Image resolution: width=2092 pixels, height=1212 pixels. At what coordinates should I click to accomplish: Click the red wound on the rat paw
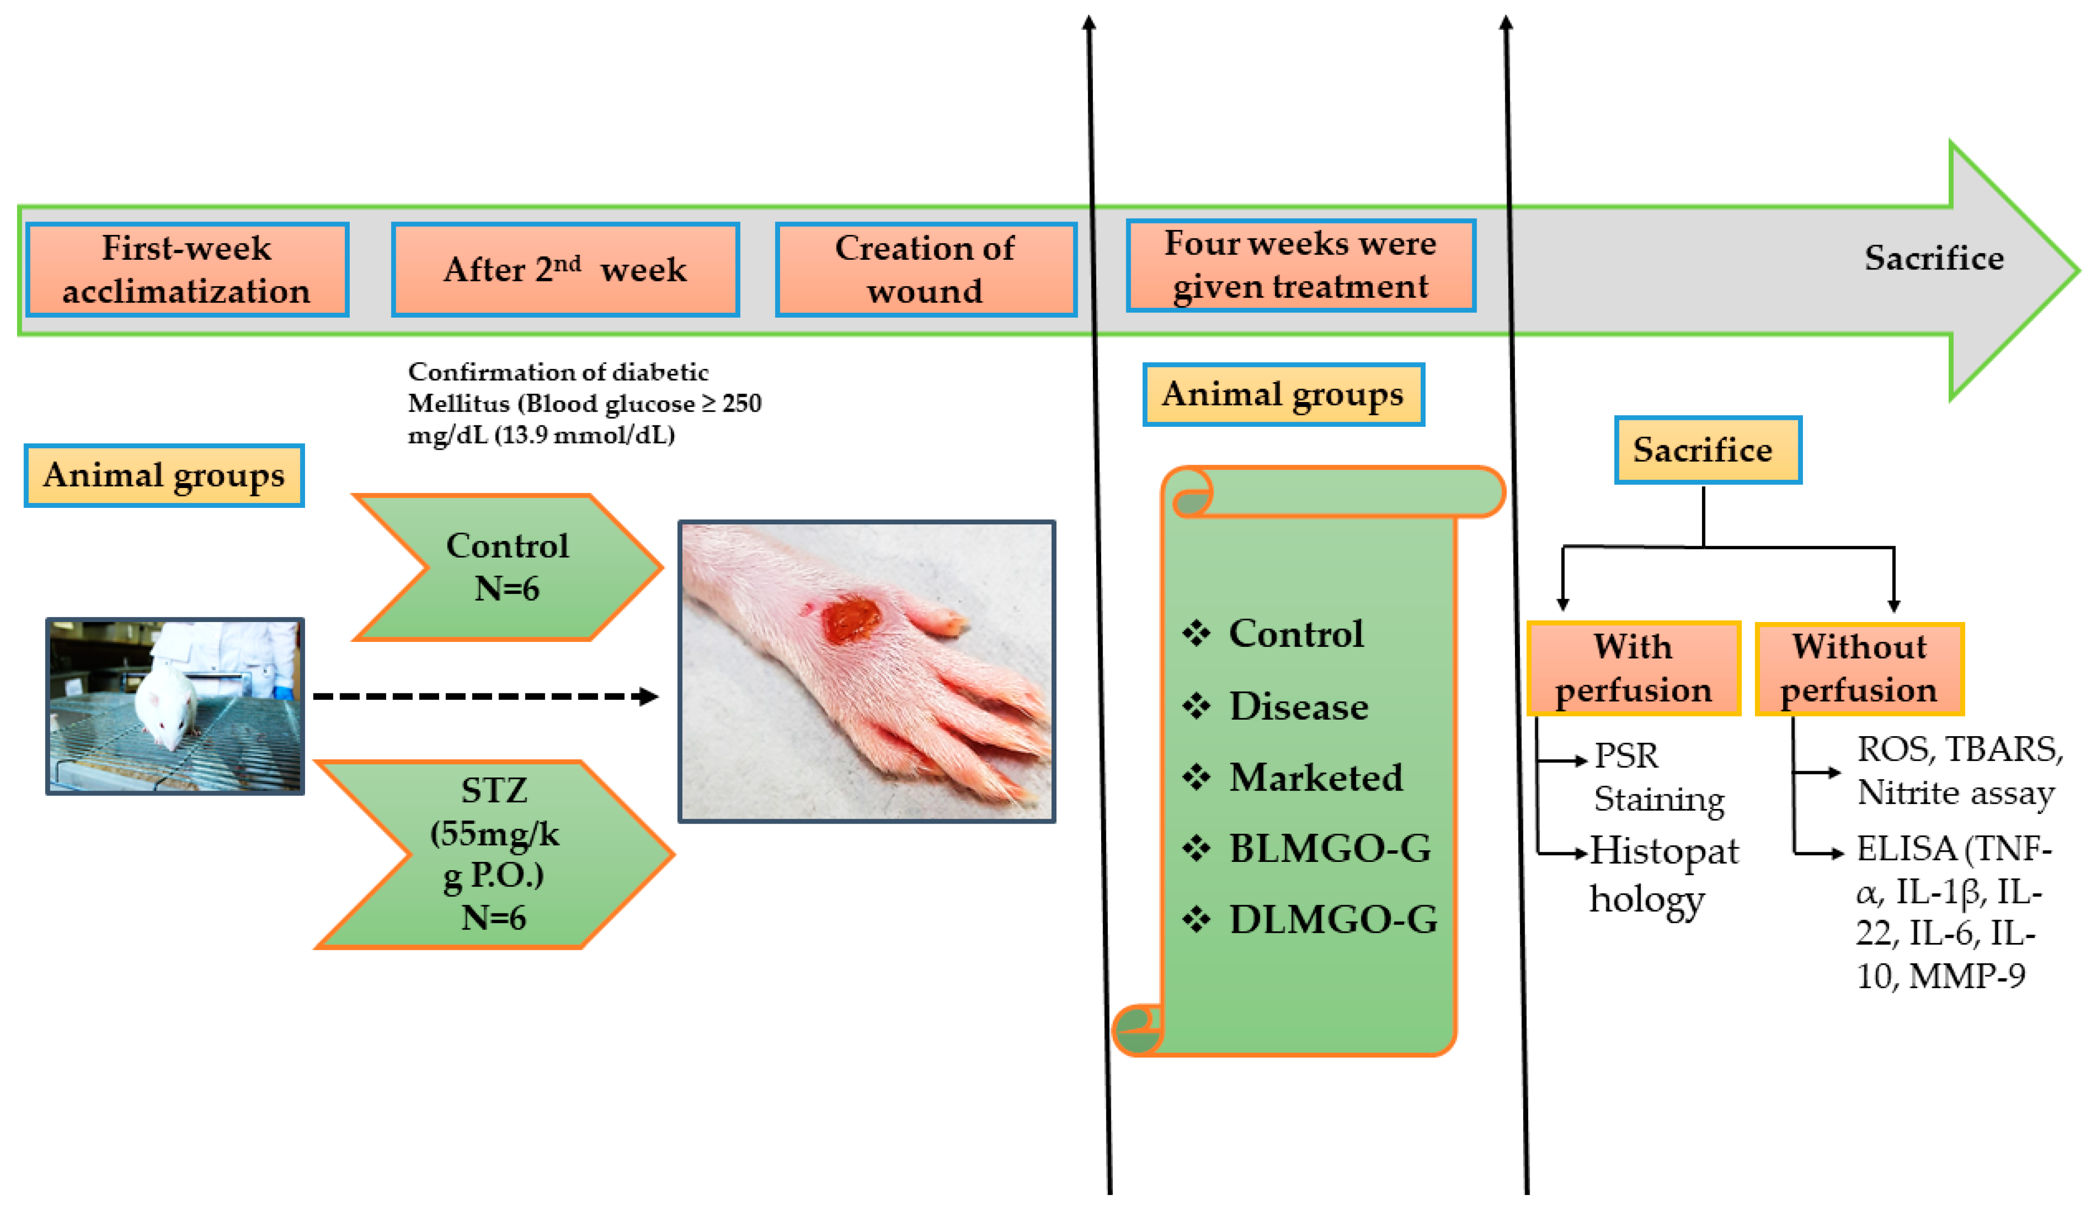point(851,619)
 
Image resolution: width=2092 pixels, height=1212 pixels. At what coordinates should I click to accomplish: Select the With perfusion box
point(1633,668)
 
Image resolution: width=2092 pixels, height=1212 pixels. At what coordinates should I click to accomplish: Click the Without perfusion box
point(1859,668)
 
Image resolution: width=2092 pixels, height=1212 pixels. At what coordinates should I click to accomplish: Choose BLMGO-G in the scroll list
point(1330,848)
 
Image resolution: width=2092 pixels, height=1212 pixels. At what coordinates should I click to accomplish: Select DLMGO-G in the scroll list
point(1333,919)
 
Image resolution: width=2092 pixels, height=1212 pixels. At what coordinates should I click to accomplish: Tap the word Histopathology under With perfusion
point(1663,874)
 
